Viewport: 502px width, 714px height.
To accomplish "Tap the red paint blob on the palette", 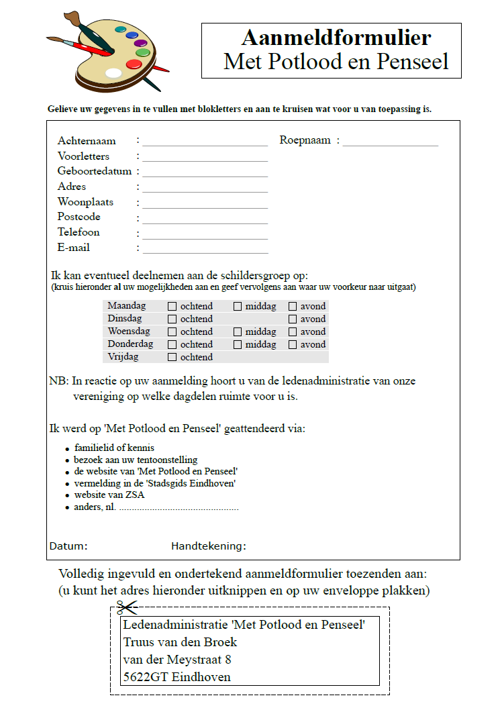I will coord(134,64).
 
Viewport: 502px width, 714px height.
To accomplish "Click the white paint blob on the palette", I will coord(114,72).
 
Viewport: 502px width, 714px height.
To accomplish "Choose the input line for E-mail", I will coord(205,250).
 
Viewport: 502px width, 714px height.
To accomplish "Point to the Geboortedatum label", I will coord(94,171).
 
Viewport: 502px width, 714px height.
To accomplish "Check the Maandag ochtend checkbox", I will coord(172,306).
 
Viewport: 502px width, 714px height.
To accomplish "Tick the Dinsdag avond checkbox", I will coord(293,319).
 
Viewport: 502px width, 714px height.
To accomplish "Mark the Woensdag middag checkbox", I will coord(238,331).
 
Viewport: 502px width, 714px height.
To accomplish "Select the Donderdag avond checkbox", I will coord(293,344).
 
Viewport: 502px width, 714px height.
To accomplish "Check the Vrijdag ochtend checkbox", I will coord(172,357).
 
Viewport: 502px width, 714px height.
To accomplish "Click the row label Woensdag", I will coord(129,331).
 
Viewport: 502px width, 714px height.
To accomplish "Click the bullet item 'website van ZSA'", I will coord(109,495).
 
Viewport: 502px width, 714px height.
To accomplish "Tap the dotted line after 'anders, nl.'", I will coord(179,508).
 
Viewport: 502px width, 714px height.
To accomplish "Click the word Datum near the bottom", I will coord(68,546).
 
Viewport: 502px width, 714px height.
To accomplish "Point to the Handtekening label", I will coord(208,546).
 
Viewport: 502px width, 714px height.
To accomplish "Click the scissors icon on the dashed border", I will coord(126,608).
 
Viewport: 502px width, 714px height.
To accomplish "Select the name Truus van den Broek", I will coord(180,642).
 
